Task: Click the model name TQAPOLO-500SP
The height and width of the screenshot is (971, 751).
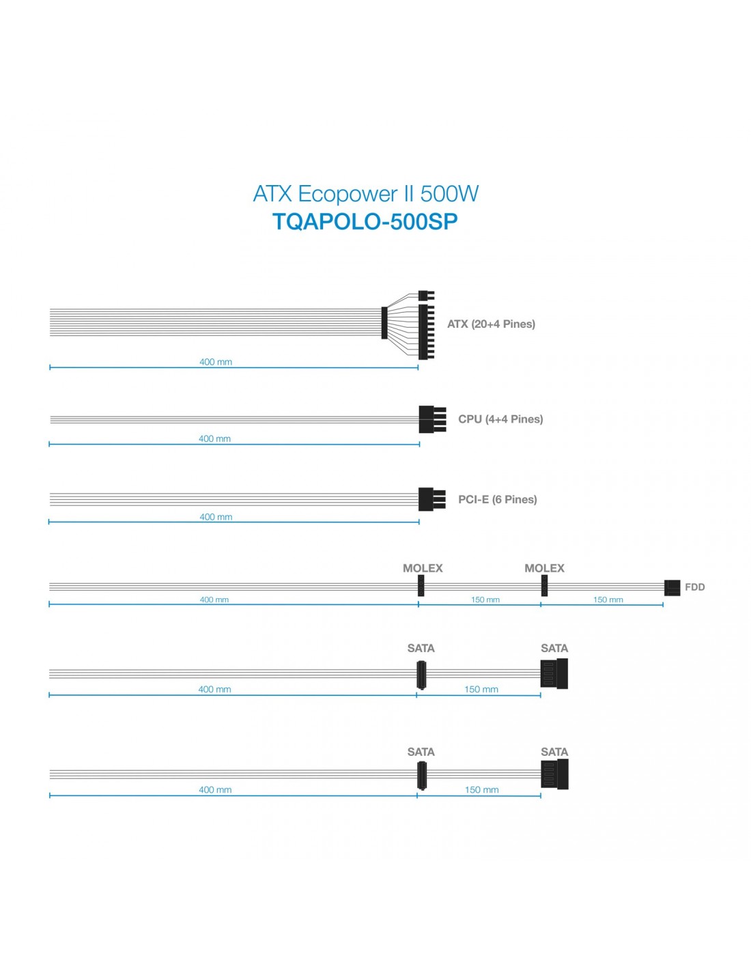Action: click(365, 221)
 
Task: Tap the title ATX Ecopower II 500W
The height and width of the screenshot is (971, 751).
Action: click(365, 193)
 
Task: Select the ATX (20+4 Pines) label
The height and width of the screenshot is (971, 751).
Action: click(491, 324)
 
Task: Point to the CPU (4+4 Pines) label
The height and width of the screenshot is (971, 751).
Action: click(500, 419)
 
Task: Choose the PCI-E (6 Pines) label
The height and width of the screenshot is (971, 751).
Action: click(497, 499)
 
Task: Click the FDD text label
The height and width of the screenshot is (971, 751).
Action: click(694, 587)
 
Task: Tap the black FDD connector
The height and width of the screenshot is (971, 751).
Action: click(672, 588)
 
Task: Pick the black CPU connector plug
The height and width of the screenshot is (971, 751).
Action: click(432, 419)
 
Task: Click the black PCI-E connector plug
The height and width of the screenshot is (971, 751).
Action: click(431, 499)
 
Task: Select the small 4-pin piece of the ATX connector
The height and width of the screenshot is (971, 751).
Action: click(426, 296)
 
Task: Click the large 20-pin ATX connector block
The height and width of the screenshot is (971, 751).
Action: click(426, 332)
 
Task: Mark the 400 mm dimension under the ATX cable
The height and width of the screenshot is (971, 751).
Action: click(215, 362)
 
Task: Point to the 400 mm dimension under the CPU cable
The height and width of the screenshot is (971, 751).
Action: click(214, 439)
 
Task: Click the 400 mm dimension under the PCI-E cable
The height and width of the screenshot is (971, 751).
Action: click(216, 517)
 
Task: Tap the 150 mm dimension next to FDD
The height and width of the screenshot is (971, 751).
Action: click(608, 600)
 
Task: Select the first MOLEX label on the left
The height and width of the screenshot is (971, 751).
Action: click(422, 568)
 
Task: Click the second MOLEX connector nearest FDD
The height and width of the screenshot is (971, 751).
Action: click(543, 585)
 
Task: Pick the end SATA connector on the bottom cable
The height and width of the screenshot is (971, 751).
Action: click(554, 774)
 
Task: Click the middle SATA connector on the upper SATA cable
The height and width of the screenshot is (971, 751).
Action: click(421, 675)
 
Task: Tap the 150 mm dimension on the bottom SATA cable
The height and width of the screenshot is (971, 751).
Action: click(481, 789)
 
